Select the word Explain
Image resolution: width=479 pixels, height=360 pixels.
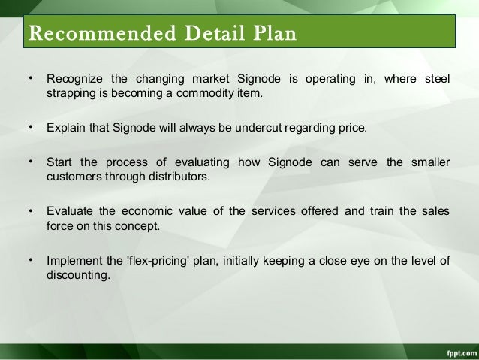pyautogui.click(x=65, y=129)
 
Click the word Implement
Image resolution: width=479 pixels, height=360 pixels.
pyautogui.click(x=73, y=261)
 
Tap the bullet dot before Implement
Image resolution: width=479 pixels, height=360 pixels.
pyautogui.click(x=30, y=260)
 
